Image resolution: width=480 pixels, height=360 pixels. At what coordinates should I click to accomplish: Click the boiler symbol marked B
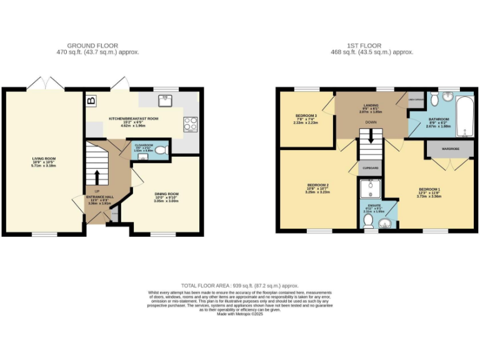pos(91,101)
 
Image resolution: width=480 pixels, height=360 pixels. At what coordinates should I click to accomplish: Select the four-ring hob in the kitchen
pos(190,123)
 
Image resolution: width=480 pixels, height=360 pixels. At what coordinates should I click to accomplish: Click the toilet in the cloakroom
pos(161,150)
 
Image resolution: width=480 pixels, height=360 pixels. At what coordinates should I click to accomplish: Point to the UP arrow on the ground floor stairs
pos(97,176)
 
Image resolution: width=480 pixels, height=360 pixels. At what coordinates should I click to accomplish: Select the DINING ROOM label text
pos(167,194)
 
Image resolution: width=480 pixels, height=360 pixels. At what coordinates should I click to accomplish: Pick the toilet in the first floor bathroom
pos(434,97)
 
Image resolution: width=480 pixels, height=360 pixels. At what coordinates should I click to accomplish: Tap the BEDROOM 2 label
pos(318,185)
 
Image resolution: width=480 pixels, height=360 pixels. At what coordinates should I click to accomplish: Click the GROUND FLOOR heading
pos(102,46)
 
